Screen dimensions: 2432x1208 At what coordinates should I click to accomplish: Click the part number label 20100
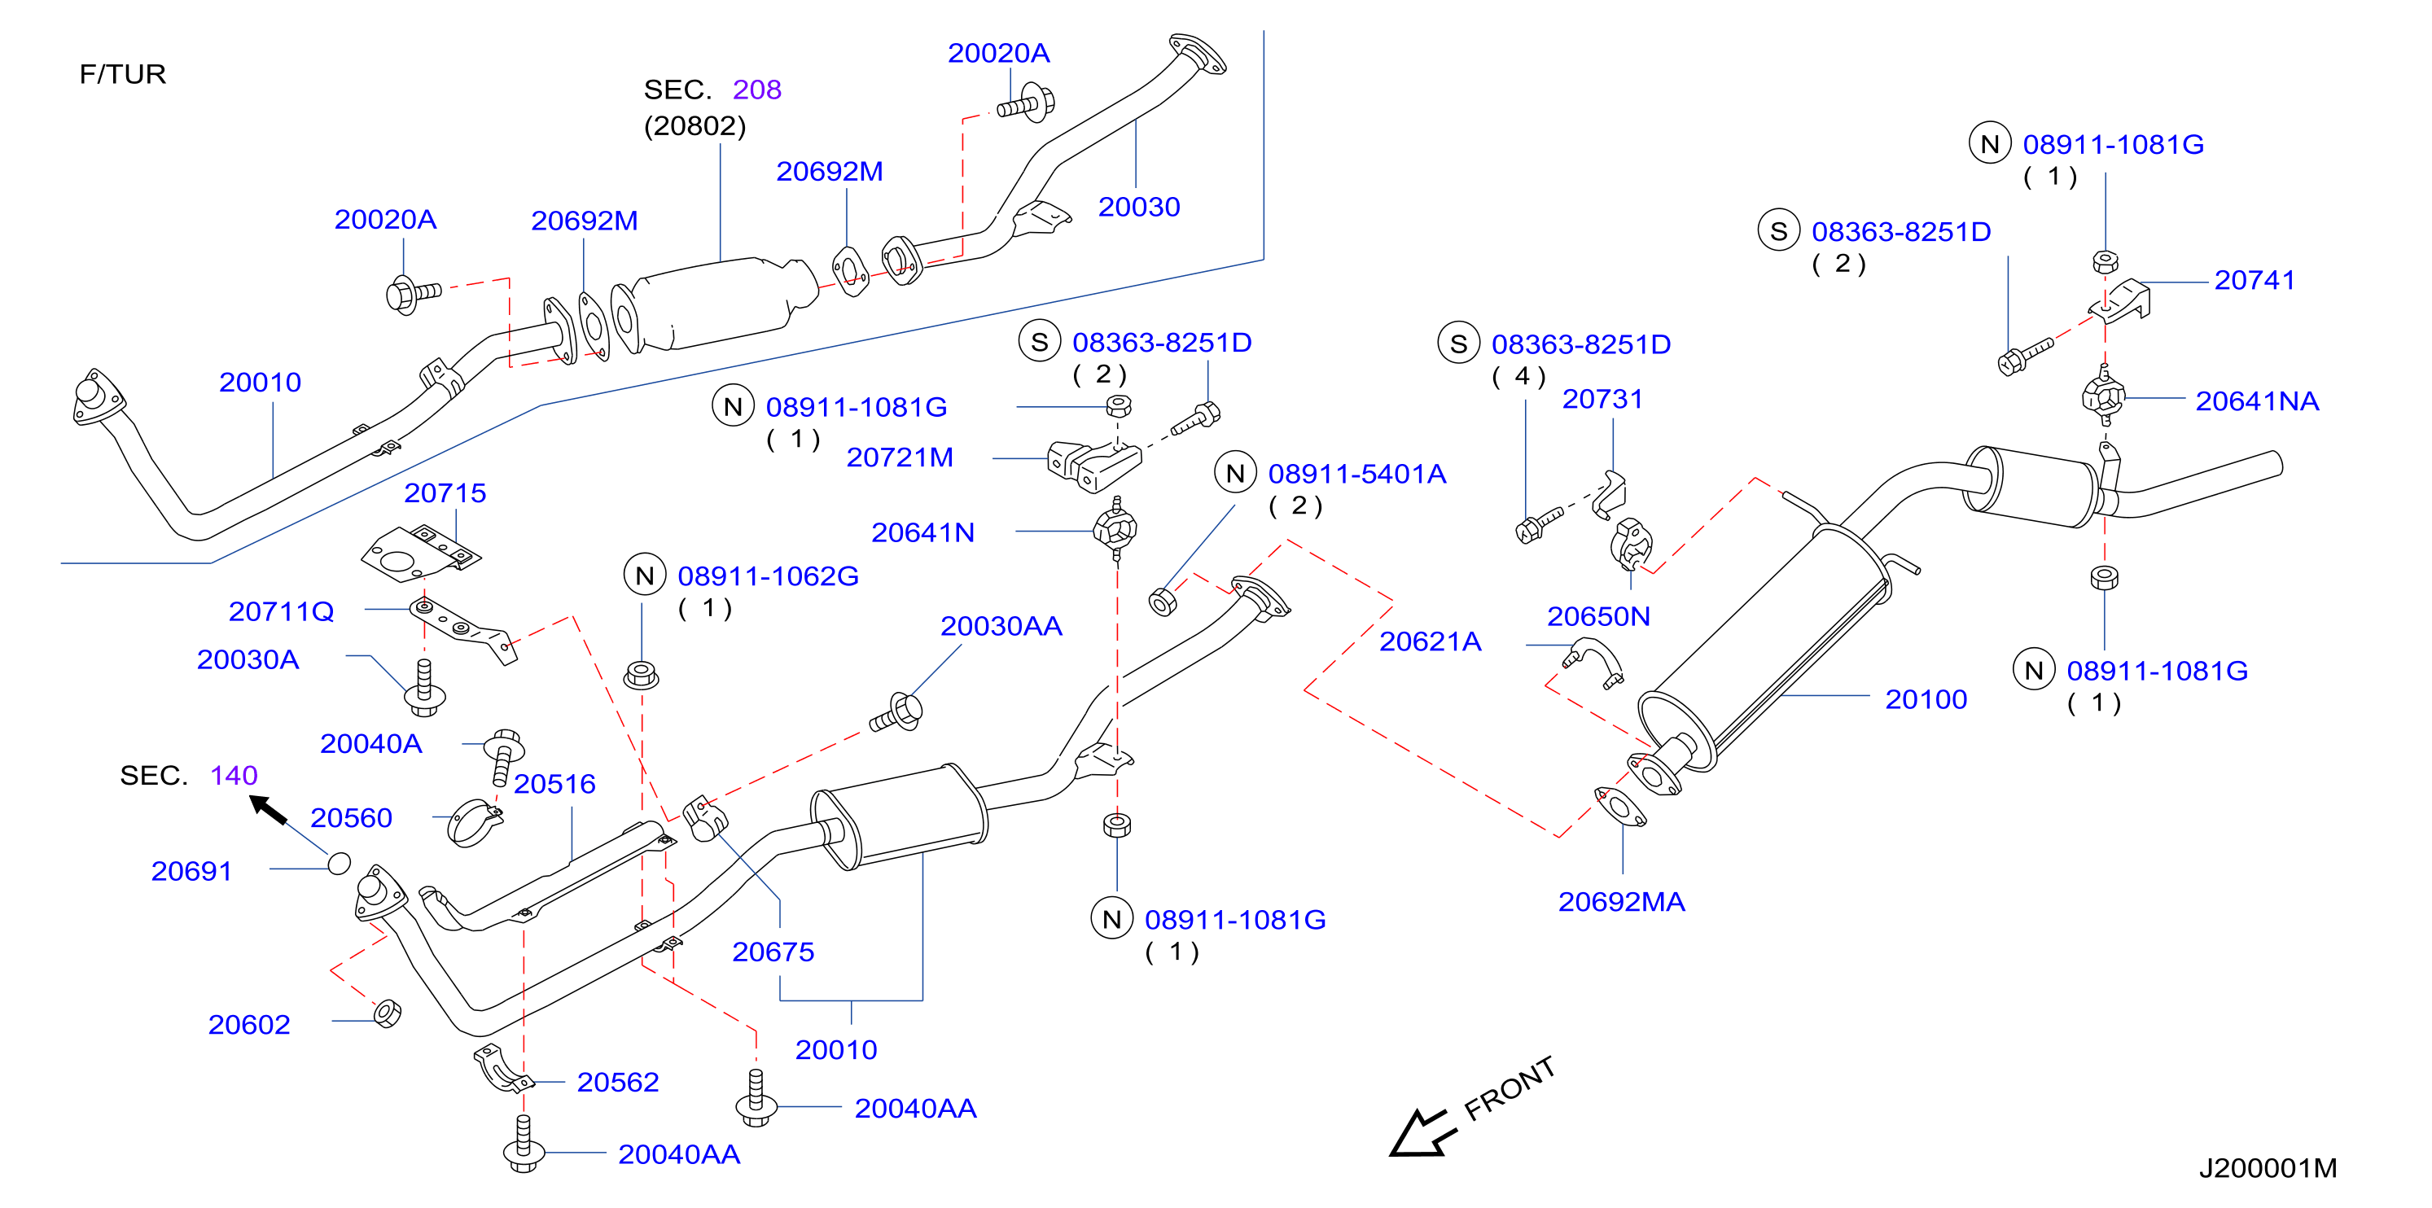(1926, 699)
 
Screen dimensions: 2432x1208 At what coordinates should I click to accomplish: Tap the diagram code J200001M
(2268, 1168)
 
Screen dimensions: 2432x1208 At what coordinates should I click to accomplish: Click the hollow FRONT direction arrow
(1422, 1132)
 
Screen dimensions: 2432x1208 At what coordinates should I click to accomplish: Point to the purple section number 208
(757, 90)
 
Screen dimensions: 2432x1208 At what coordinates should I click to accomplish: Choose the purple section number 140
(234, 776)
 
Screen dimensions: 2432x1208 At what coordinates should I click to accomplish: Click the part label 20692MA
(1621, 902)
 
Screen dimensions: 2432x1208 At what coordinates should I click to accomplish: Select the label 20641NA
(2257, 401)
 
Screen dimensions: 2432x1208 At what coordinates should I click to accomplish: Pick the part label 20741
(2255, 280)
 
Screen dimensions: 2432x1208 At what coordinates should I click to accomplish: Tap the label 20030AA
(1001, 627)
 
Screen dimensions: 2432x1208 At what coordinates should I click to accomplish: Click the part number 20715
(445, 492)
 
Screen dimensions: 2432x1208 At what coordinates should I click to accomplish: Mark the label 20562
(617, 1083)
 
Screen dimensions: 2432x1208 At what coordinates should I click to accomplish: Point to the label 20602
(249, 1025)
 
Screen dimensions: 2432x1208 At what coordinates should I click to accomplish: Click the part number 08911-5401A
(1356, 474)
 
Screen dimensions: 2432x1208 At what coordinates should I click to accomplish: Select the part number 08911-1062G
(769, 576)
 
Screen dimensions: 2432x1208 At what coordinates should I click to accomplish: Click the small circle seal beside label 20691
(340, 864)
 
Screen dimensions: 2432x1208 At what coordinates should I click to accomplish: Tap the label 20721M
(900, 457)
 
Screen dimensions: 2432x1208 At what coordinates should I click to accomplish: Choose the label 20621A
(1431, 641)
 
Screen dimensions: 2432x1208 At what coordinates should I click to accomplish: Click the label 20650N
(1598, 617)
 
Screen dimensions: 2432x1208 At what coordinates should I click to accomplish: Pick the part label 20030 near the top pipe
(1138, 207)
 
